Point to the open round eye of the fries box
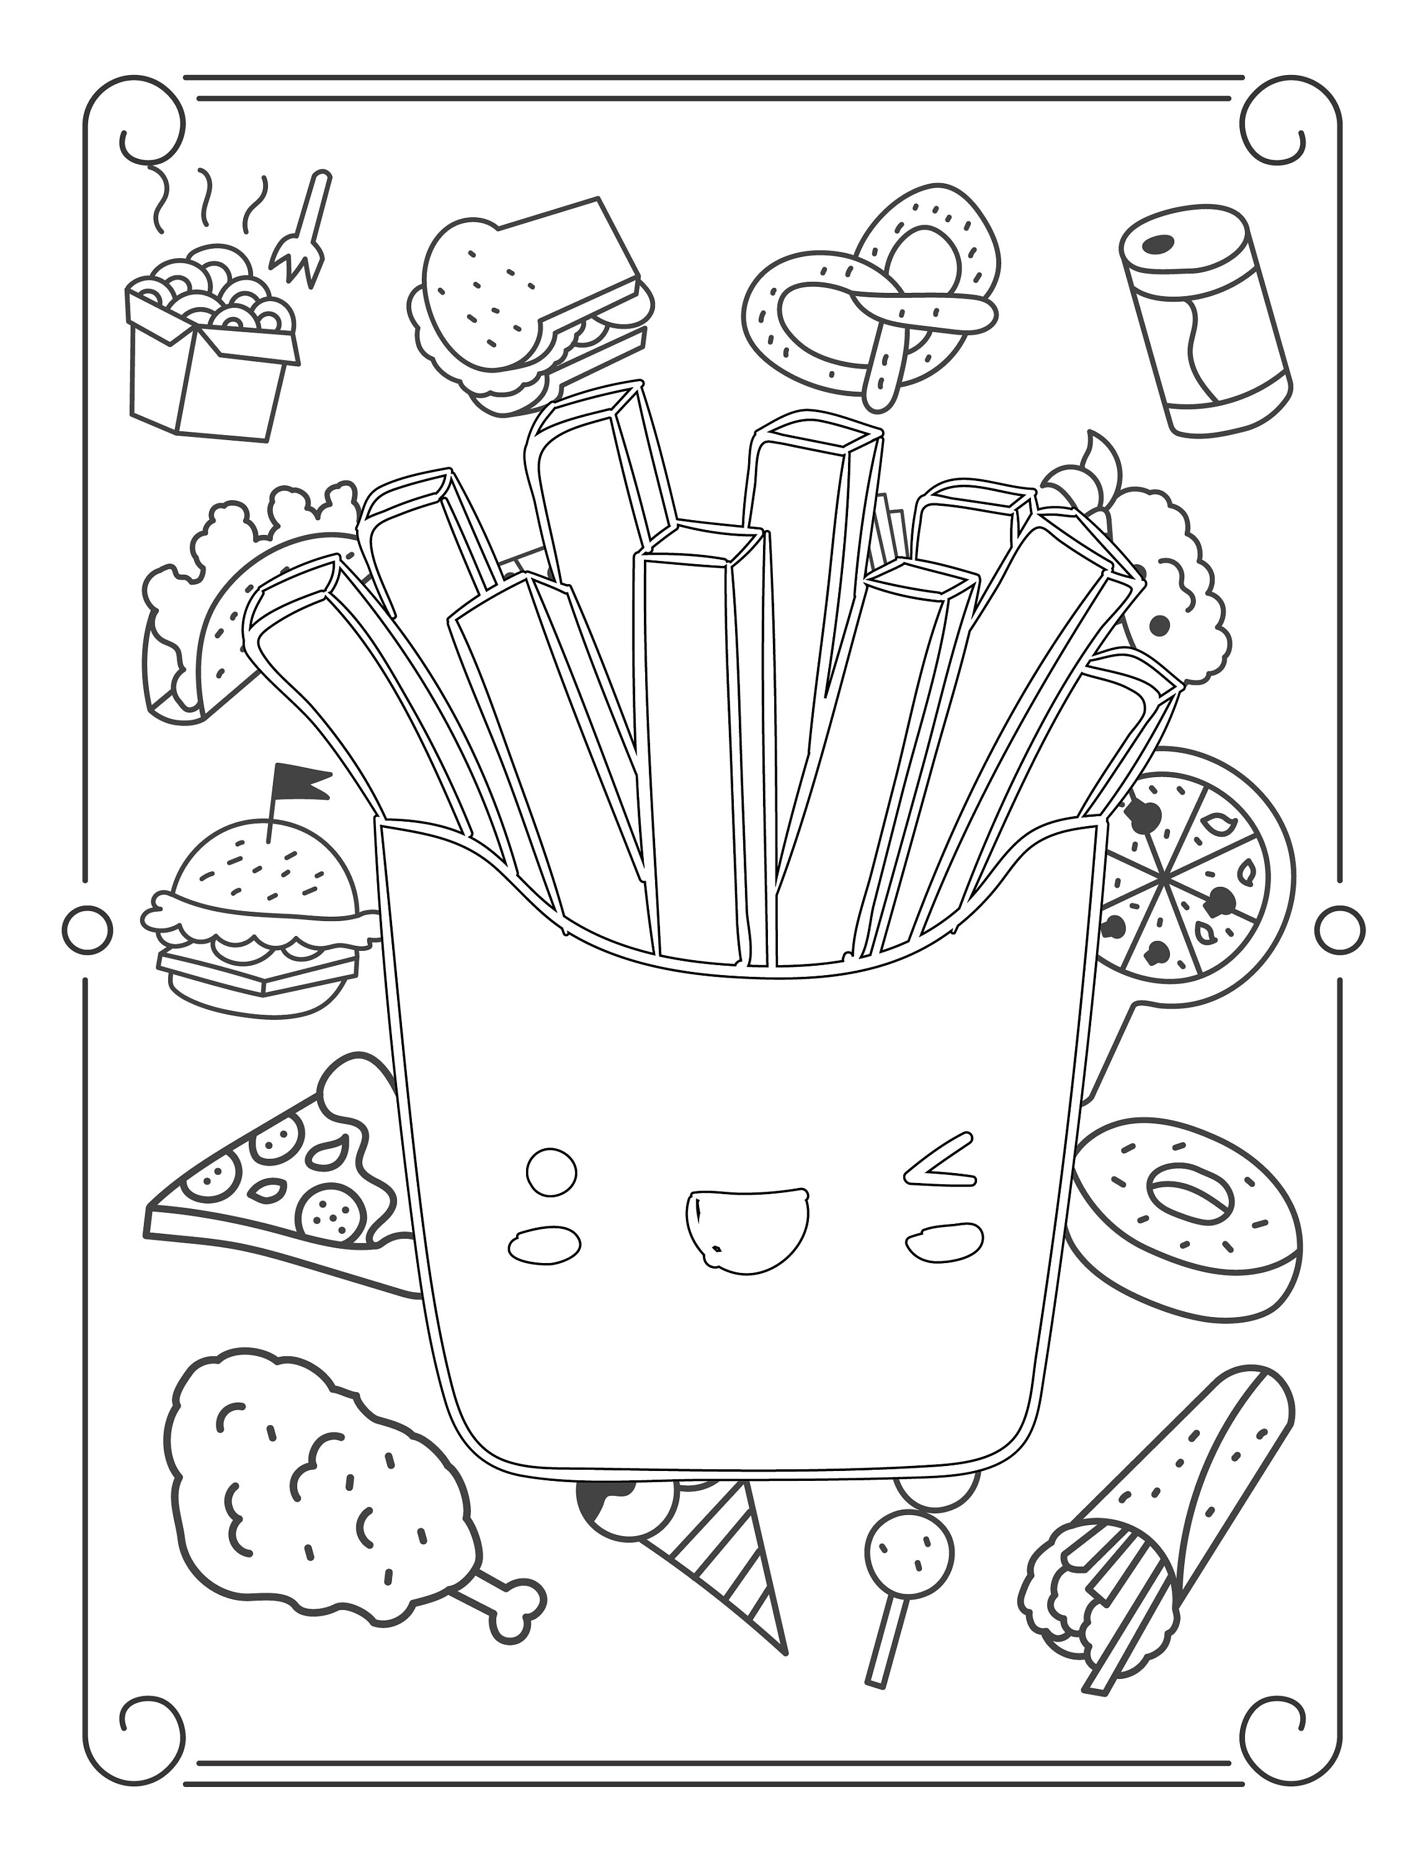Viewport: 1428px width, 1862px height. [551, 1172]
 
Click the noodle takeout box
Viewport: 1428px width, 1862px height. [208, 374]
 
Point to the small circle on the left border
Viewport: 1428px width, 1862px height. [87, 927]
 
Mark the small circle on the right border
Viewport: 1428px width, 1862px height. [1341, 927]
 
